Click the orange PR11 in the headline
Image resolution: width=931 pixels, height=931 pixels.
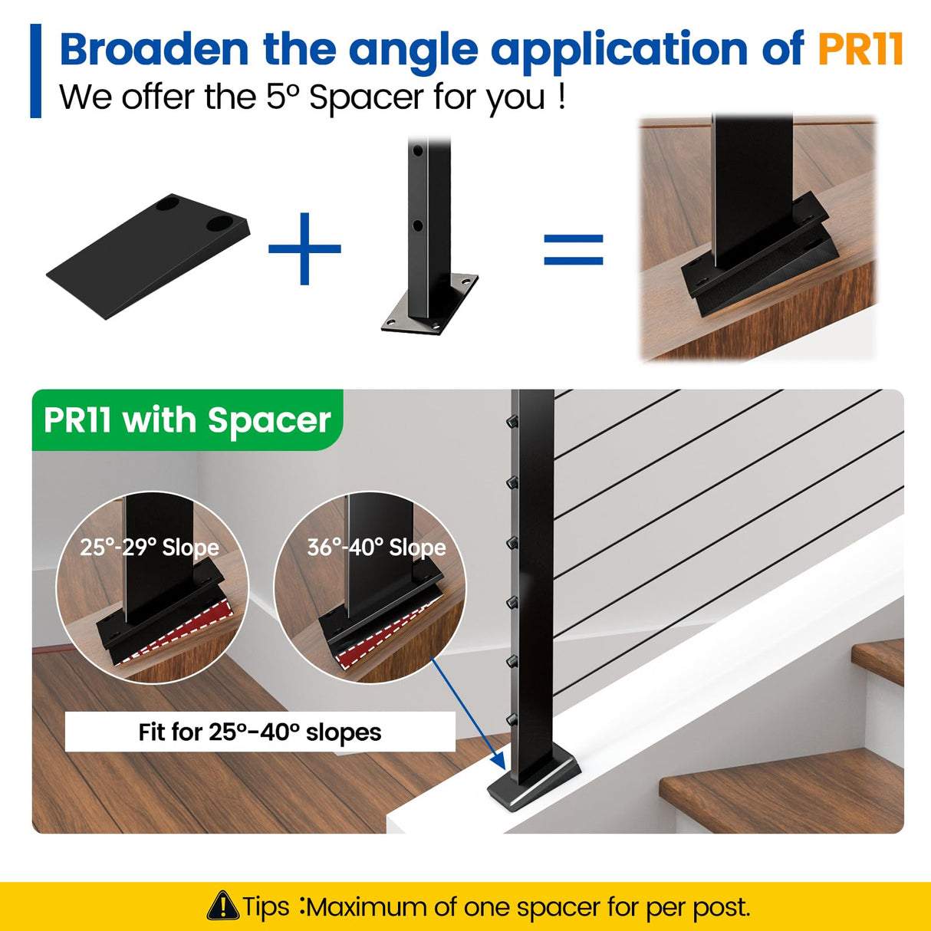click(860, 48)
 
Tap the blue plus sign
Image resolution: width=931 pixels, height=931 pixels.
click(304, 248)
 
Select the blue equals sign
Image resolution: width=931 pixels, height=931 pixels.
click(574, 250)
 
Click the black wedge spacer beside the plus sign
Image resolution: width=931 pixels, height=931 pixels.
click(148, 256)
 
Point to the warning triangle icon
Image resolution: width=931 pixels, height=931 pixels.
click(222, 905)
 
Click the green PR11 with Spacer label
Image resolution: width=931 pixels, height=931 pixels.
click(187, 419)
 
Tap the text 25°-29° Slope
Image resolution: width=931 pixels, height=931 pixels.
click(150, 548)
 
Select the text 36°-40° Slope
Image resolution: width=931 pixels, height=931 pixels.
click(377, 548)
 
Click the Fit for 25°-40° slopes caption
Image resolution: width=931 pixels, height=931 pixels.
click(260, 732)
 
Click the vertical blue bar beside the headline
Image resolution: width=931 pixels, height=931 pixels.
click(36, 71)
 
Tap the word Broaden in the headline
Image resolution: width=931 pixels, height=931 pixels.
click(155, 49)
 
